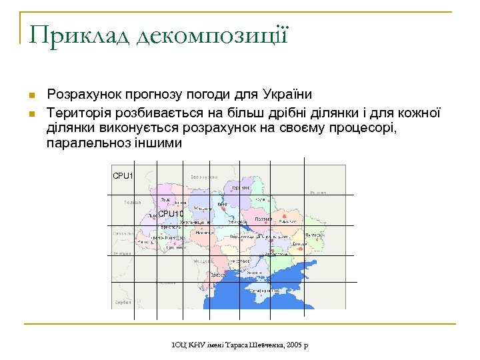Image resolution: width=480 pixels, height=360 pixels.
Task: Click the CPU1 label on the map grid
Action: [x=123, y=176]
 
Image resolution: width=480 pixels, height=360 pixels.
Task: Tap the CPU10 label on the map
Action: [x=171, y=214]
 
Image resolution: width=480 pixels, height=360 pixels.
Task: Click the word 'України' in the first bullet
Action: [x=287, y=95]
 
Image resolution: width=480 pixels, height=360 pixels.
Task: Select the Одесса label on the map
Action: [x=219, y=275]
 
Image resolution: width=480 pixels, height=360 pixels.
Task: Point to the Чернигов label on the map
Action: [x=241, y=187]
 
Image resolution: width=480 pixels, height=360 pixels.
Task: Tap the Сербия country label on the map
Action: [x=122, y=302]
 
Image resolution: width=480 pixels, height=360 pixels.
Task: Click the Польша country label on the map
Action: [x=132, y=201]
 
